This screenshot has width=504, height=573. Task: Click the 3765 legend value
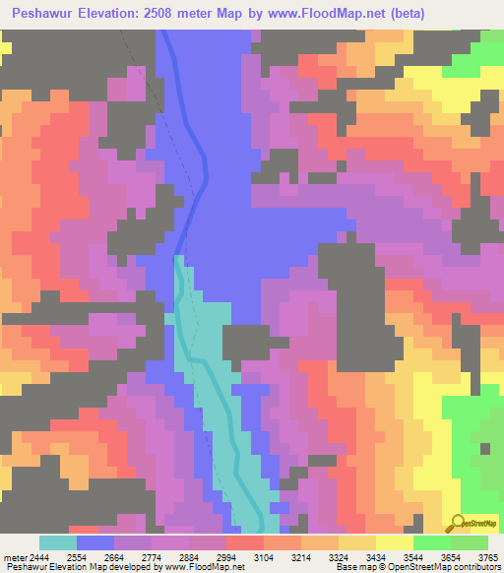coord(487,557)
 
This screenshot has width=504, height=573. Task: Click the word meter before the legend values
coord(13,557)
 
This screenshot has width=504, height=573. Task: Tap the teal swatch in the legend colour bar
coord(57,542)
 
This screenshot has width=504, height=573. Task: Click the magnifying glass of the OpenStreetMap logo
coord(455,523)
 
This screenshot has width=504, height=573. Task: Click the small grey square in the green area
coord(485,448)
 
